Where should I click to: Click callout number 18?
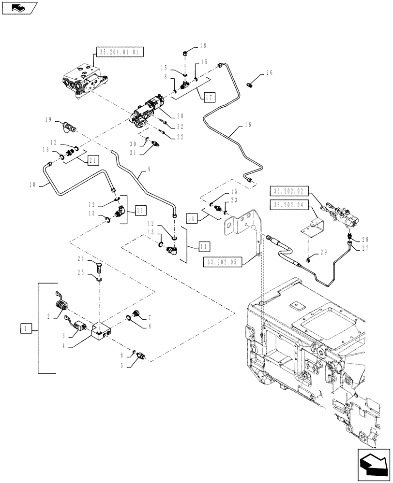tap(202, 46)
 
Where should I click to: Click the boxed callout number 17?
tap(209, 97)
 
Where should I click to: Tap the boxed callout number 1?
tap(24, 329)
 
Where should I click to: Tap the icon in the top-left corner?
tap(19, 8)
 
